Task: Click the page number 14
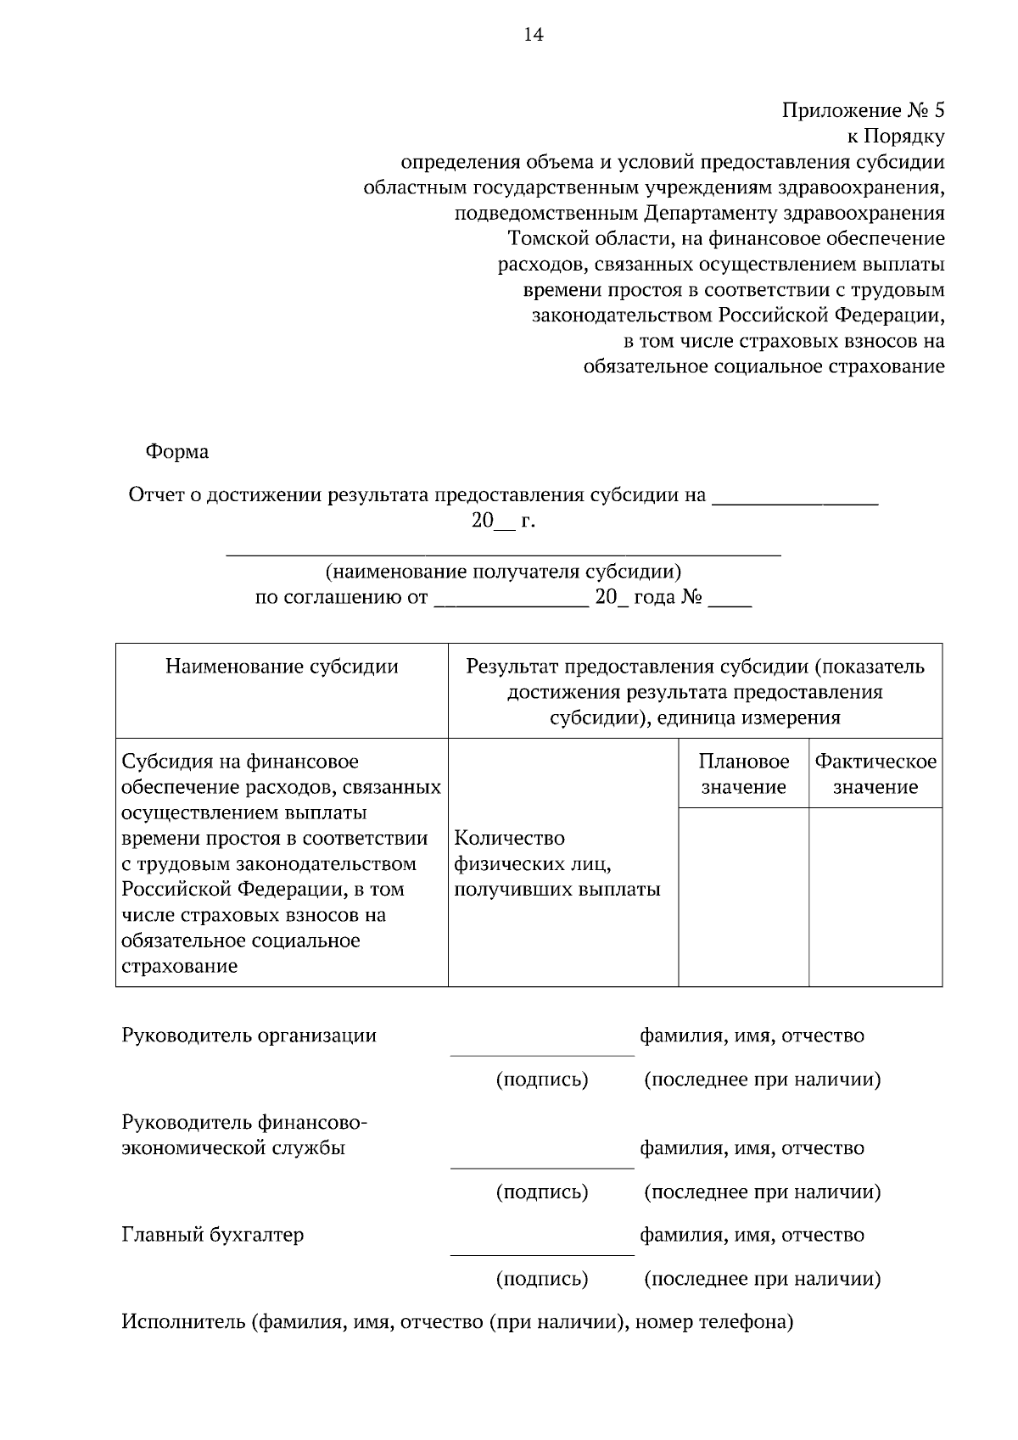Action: click(x=534, y=35)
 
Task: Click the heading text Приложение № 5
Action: click(x=862, y=110)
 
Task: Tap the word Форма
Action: click(x=177, y=452)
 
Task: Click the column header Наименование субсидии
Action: click(x=282, y=667)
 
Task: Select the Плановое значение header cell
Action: click(x=743, y=773)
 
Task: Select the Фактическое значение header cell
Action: click(x=875, y=773)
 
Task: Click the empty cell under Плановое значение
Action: click(x=743, y=896)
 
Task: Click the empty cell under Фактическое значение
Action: click(x=875, y=896)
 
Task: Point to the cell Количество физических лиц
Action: click(x=557, y=863)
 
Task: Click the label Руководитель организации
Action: click(x=249, y=1035)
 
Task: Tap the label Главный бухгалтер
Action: click(x=213, y=1235)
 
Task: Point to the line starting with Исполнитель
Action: click(x=458, y=1322)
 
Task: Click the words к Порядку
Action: click(x=896, y=136)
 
